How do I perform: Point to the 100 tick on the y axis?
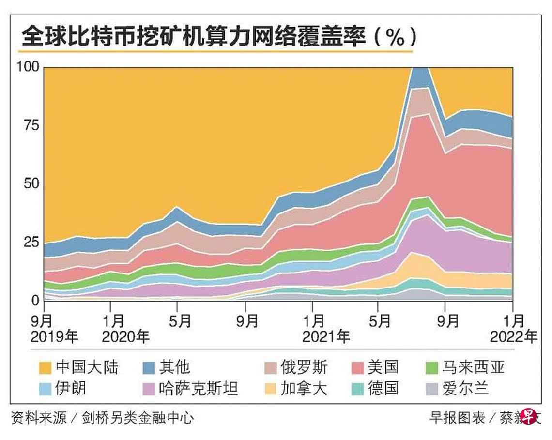coord(28,67)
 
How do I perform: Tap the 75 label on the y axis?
coord(31,125)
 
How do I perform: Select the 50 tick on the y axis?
coord(31,184)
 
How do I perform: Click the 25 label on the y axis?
coord(31,242)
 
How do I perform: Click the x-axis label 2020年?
coord(126,336)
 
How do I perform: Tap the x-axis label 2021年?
coord(326,336)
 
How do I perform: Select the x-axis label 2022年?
coord(514,336)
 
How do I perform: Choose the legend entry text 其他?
coord(175,367)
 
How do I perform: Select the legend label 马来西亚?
coord(473,367)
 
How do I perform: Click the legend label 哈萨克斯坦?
coord(199,389)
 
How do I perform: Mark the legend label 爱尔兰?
coord(465,389)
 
